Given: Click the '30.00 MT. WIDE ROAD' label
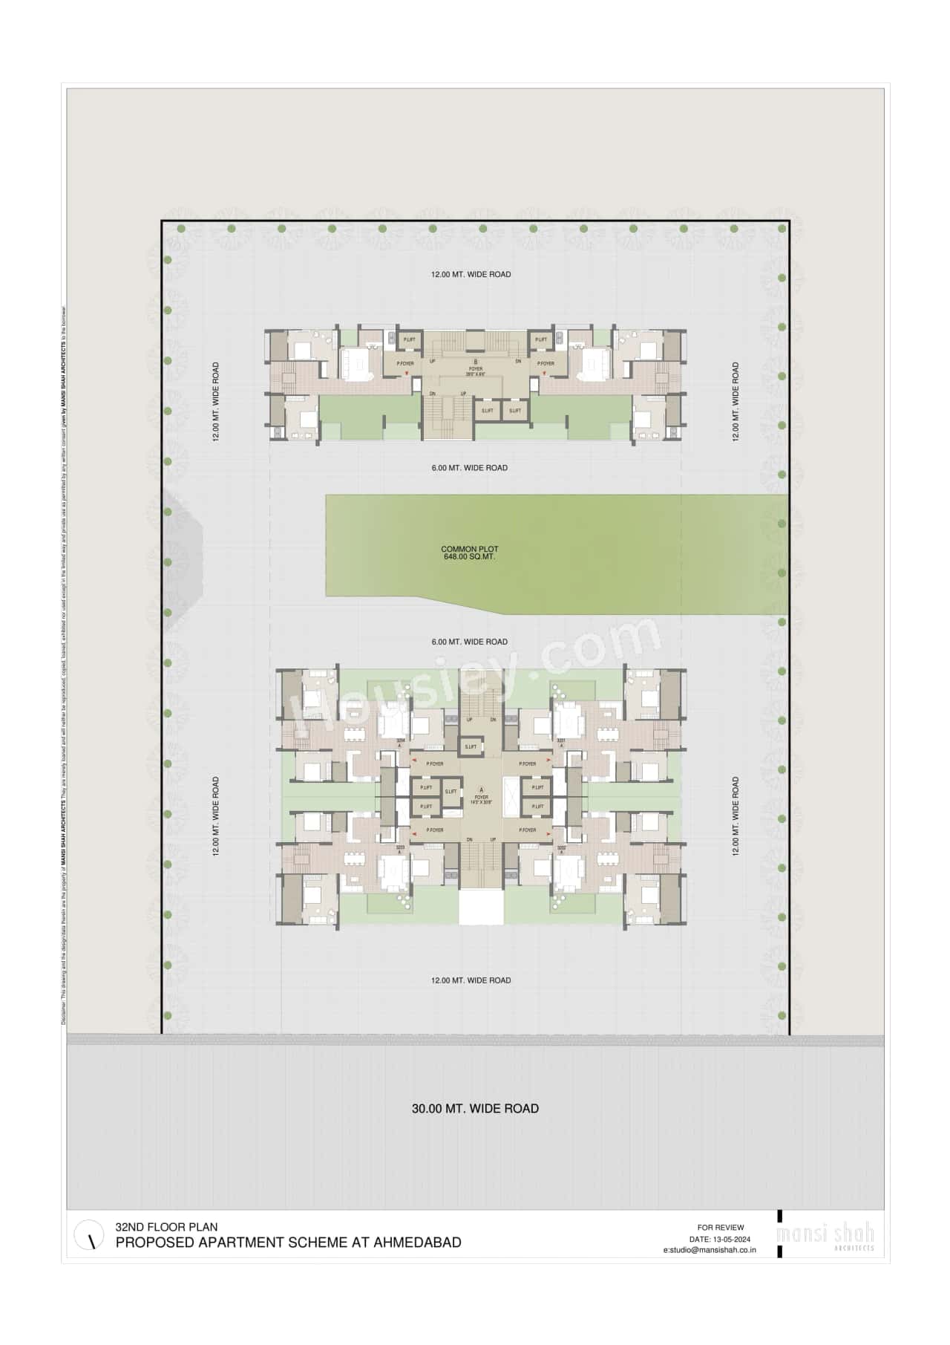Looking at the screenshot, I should (475, 1108).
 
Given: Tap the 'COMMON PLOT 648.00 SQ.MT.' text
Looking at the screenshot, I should (470, 553).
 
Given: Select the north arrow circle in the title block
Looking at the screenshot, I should (90, 1235).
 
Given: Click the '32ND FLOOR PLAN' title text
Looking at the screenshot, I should (166, 1227).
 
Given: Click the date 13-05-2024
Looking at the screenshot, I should (731, 1239).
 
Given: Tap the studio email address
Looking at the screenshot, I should (710, 1250).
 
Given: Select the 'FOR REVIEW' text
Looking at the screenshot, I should (721, 1227).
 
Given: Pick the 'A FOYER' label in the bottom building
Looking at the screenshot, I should (481, 794).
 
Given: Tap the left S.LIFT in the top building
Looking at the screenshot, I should (488, 411).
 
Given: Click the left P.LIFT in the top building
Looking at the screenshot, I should (410, 339).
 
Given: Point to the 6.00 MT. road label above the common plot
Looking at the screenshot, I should (470, 468).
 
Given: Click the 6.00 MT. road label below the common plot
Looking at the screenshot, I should (470, 642).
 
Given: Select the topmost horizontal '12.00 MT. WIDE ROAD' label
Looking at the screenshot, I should (471, 274).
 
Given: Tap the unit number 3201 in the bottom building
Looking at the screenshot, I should (561, 740).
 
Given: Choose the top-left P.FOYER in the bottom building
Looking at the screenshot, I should (435, 763).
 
